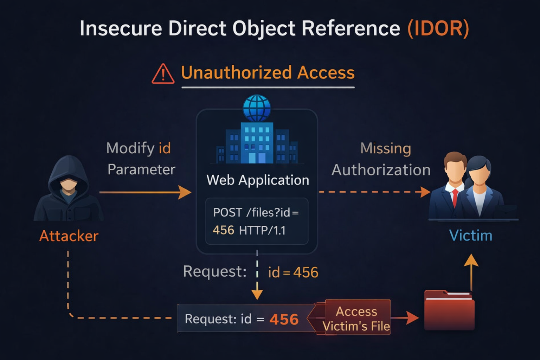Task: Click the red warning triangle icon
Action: (163, 74)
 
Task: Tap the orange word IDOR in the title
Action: (438, 28)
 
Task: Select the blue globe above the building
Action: (257, 108)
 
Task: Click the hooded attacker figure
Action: (68, 190)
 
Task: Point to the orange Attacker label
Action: (69, 236)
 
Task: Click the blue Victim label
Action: (471, 236)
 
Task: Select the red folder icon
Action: (449, 311)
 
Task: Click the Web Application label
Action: (258, 180)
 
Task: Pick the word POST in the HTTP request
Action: (227, 213)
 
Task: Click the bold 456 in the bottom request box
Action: (284, 320)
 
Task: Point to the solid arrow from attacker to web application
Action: (145, 192)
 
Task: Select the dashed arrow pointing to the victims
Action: (374, 192)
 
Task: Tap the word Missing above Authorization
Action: (386, 148)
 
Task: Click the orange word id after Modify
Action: (165, 148)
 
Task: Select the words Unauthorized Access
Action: (268, 72)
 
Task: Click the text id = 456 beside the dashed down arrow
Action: (293, 272)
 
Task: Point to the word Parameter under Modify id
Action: (141, 170)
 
